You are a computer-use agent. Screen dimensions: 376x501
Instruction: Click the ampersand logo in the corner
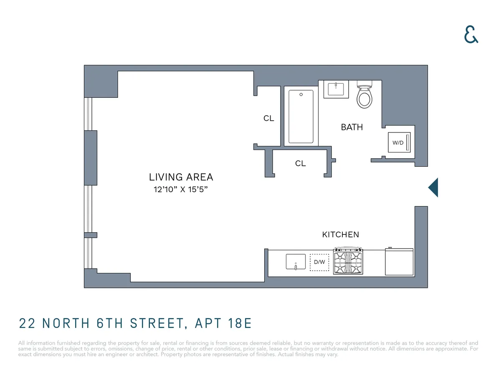pos(471,35)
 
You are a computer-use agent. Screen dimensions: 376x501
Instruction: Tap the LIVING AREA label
pos(181,177)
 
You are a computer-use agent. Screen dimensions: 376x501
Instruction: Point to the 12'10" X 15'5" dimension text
pos(181,189)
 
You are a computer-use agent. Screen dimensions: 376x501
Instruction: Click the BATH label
pos(352,127)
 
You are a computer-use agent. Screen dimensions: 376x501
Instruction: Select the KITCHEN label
pos(340,235)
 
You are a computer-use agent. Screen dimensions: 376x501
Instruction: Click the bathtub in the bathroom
pos(301,117)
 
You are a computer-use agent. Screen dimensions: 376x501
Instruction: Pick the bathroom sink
pos(336,89)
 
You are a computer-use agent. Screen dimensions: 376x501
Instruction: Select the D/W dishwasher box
pos(319,262)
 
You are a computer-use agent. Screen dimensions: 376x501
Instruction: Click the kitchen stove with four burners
pos(348,262)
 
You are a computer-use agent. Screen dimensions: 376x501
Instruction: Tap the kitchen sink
pos(296,262)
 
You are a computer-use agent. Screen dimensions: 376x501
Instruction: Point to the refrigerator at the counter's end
pos(399,262)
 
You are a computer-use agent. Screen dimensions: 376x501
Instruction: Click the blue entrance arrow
pos(433,187)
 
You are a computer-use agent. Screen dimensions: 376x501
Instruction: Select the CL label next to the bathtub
pos(268,119)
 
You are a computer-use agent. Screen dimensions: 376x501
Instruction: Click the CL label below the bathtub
pos(300,164)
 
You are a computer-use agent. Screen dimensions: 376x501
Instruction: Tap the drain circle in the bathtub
pos(301,94)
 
